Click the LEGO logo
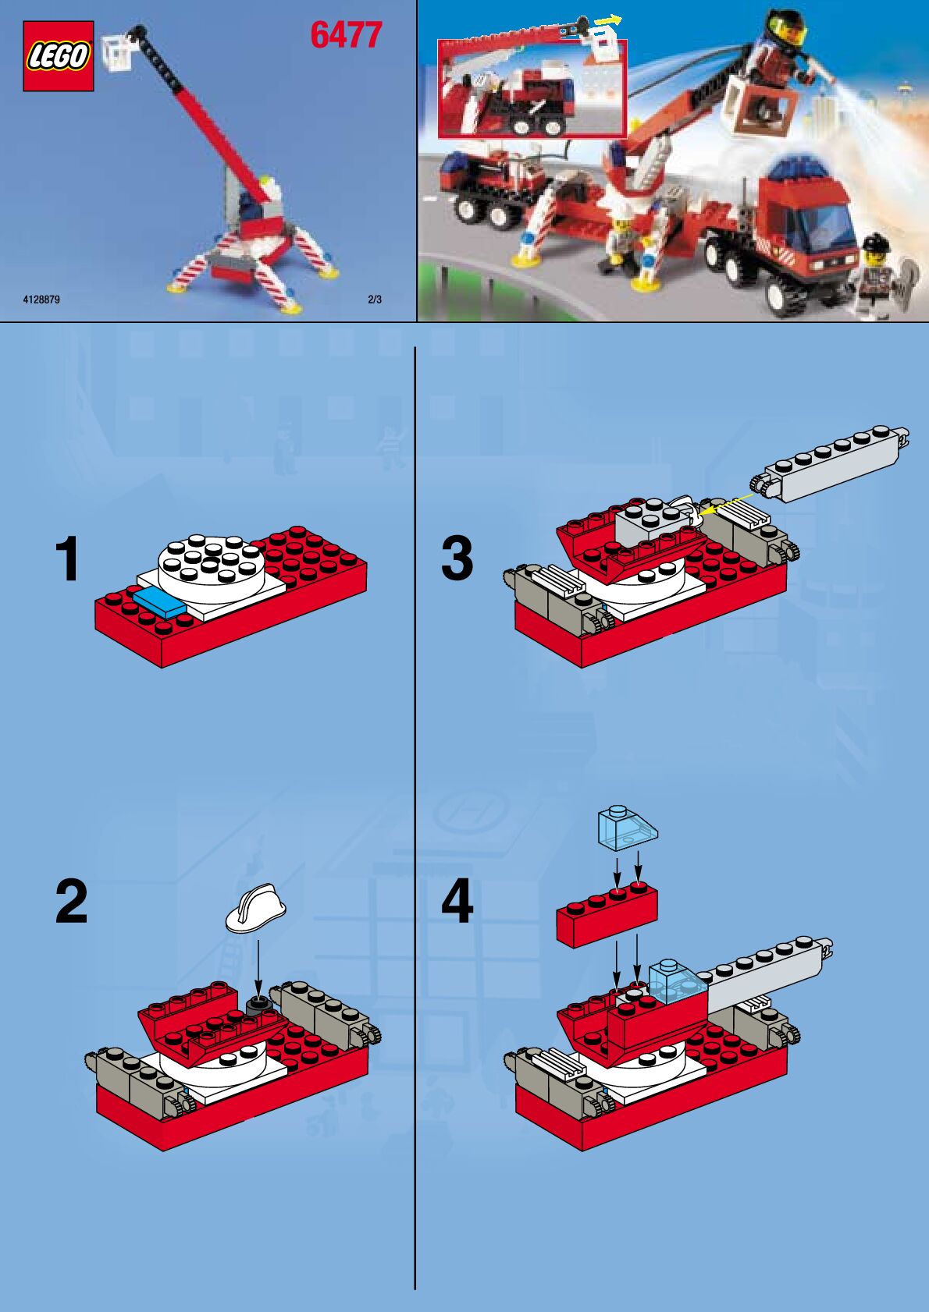pyautogui.click(x=58, y=56)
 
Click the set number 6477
pyautogui.click(x=346, y=35)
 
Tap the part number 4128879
pyautogui.click(x=41, y=300)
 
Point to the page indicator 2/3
pyautogui.click(x=375, y=300)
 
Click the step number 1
pyautogui.click(x=68, y=558)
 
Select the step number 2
pyautogui.click(x=71, y=902)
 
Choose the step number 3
pyautogui.click(x=457, y=558)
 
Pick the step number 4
pyautogui.click(x=457, y=902)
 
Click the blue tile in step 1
pyautogui.click(x=159, y=602)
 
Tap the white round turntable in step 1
pyautogui.click(x=211, y=567)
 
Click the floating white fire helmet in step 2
pyautogui.click(x=256, y=907)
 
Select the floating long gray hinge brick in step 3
pyautogui.click(x=829, y=463)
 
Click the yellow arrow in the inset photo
pyautogui.click(x=607, y=20)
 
